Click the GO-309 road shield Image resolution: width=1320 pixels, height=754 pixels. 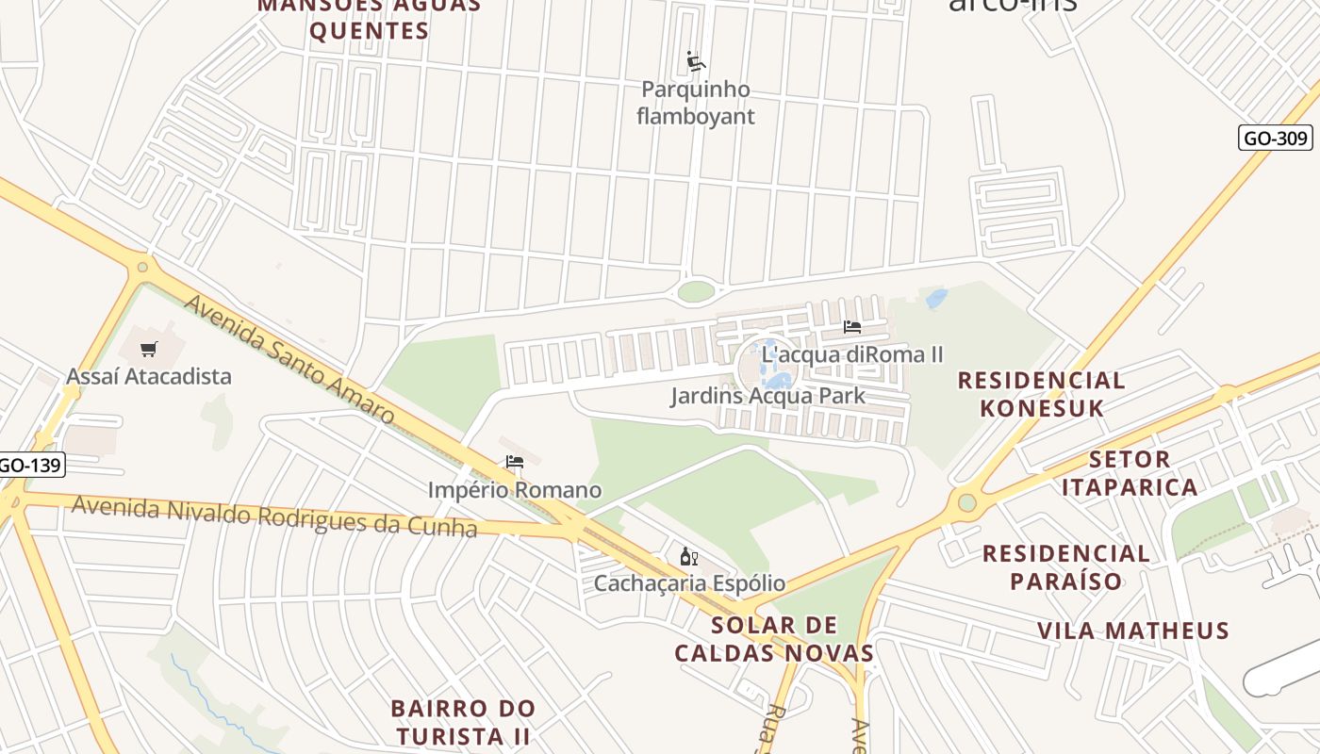pyautogui.click(x=1275, y=139)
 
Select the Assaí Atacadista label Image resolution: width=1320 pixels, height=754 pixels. pyautogui.click(x=148, y=376)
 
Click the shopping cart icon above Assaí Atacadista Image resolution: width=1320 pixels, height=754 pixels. pyautogui.click(x=148, y=350)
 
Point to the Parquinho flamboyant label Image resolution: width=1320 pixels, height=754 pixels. pyautogui.click(x=696, y=103)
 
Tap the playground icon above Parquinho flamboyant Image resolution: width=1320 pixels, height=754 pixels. pyautogui.click(x=696, y=62)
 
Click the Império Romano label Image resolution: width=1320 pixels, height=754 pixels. pyautogui.click(x=514, y=490)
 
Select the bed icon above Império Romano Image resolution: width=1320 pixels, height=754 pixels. pyautogui.click(x=514, y=462)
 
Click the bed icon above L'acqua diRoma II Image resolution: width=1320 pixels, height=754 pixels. pyautogui.click(x=852, y=327)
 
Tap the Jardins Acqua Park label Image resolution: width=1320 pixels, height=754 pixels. pyautogui.click(x=767, y=396)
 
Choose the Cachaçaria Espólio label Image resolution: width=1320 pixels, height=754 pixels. pyautogui.click(x=689, y=583)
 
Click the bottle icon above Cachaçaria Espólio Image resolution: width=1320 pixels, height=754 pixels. pyautogui.click(x=688, y=557)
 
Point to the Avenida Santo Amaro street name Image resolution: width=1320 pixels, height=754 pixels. pyautogui.click(x=289, y=359)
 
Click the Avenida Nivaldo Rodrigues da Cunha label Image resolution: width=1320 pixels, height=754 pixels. pyautogui.click(x=274, y=516)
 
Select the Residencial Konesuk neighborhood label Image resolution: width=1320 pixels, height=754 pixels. pyautogui.click(x=1041, y=394)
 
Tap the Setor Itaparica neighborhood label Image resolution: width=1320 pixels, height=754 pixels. pyautogui.click(x=1130, y=473)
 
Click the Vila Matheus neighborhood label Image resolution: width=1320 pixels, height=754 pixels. pyautogui.click(x=1133, y=631)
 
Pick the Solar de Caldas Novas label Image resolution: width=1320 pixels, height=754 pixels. pyautogui.click(x=774, y=639)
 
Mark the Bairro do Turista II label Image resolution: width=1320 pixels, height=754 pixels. pyautogui.click(x=463, y=722)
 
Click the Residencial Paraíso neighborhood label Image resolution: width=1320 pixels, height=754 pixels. pyautogui.click(x=1066, y=566)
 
